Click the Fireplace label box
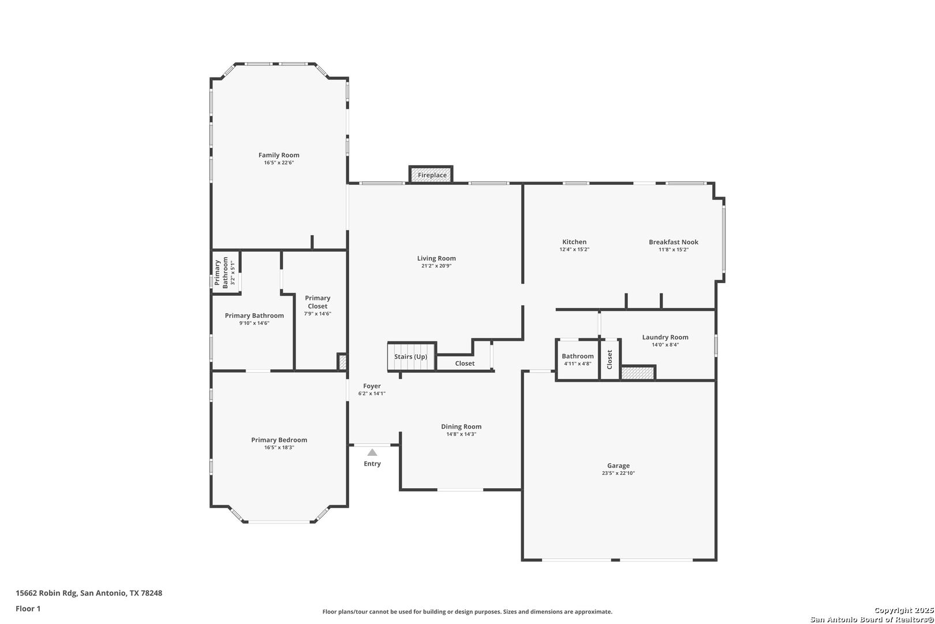431,174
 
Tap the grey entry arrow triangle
372,452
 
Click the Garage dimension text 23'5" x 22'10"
618,473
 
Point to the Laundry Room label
665,337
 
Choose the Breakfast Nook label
674,242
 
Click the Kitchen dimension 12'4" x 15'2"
574,250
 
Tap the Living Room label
436,258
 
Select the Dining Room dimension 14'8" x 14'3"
461,434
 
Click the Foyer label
372,386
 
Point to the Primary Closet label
317,302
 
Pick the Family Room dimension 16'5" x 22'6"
279,162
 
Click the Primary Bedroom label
279,440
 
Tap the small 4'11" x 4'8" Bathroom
578,359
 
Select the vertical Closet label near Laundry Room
609,359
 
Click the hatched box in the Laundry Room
637,373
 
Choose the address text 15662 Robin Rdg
46,593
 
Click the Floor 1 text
28,608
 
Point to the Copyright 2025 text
904,610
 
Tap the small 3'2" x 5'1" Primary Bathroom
225,273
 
